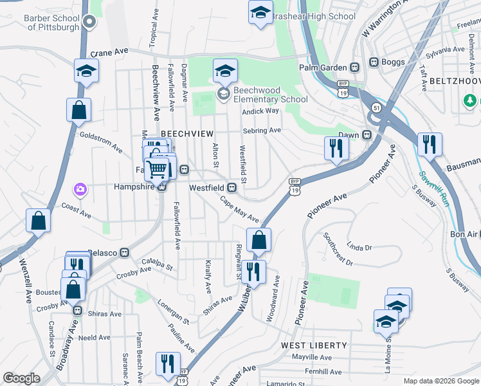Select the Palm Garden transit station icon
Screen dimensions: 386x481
click(x=354, y=67)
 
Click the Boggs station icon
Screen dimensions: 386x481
click(x=374, y=62)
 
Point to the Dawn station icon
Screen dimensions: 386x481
click(x=367, y=135)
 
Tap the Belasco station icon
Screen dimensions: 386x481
click(x=125, y=253)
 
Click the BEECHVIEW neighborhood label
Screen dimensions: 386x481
click(x=186, y=133)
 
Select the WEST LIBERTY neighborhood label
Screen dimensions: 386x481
click(x=314, y=345)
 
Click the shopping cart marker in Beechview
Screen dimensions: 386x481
click(x=158, y=169)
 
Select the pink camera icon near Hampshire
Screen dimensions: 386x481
click(x=80, y=189)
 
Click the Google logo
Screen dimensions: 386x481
click(x=21, y=379)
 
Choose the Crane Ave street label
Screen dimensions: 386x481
click(x=110, y=52)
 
